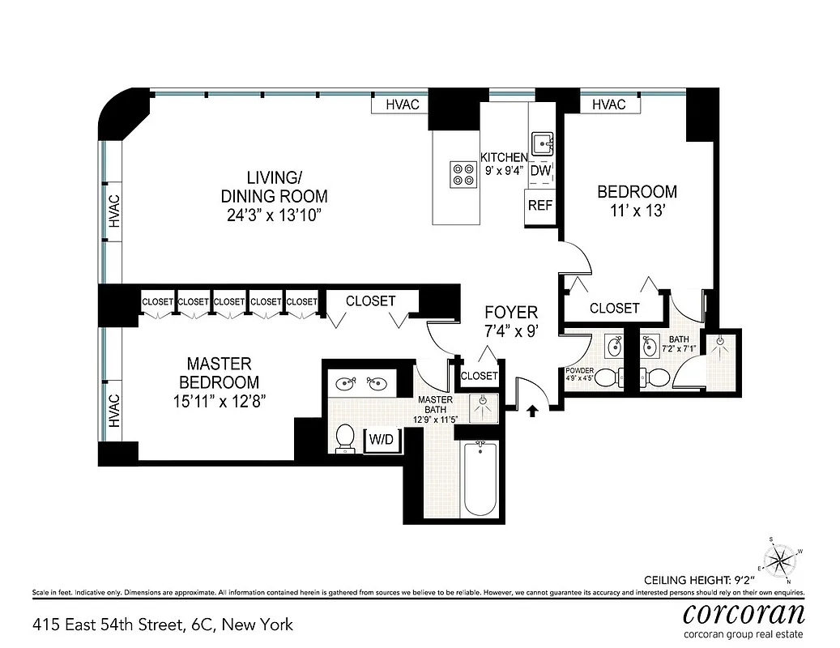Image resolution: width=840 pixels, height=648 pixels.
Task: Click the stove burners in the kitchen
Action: point(463,175)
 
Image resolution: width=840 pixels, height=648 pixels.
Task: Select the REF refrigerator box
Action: point(540,206)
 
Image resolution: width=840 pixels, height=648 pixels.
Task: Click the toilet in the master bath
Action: point(344,437)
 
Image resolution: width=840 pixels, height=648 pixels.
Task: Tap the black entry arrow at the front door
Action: point(532,411)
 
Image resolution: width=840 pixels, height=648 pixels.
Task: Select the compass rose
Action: point(782,558)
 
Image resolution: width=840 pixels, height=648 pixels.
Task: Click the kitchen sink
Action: point(542,145)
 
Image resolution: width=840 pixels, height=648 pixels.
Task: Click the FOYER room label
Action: point(510,313)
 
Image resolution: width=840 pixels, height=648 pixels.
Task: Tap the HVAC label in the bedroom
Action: point(609,104)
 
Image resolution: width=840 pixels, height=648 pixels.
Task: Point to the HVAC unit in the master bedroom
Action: point(113,410)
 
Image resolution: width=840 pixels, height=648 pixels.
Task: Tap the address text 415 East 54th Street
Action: point(163,625)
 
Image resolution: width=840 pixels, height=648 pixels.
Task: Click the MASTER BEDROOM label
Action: point(219,373)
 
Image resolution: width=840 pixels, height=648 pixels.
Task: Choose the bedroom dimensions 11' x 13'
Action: point(637,211)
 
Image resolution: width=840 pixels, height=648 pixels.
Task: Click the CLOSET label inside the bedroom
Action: point(614,309)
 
